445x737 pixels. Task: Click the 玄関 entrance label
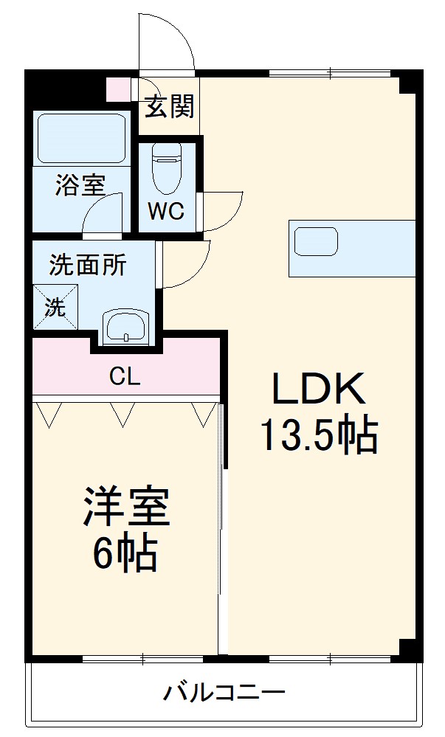click(169, 108)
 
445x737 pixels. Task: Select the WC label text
click(165, 212)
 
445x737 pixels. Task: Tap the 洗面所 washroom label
click(87, 264)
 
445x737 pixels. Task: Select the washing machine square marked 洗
click(54, 306)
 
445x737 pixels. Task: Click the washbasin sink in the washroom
click(126, 326)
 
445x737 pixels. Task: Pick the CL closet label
click(125, 377)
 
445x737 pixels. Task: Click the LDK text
click(318, 389)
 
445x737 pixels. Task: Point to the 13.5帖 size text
click(318, 436)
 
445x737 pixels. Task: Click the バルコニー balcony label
click(224, 693)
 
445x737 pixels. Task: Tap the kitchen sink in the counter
click(316, 241)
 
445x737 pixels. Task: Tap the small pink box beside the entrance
click(117, 88)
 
